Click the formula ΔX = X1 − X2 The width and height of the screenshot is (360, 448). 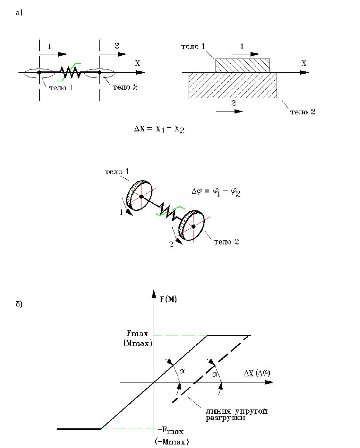point(159,129)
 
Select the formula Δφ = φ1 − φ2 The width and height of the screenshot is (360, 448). point(216,192)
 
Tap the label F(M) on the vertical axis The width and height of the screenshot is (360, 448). point(168,299)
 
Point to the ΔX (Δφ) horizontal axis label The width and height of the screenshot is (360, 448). point(257,373)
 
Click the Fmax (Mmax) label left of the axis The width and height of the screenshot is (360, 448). point(138,338)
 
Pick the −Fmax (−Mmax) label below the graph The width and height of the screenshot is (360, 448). point(171,436)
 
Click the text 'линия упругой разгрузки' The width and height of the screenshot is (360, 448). point(237,414)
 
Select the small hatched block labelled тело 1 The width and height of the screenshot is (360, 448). point(242,65)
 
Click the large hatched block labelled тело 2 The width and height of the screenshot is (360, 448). point(233,85)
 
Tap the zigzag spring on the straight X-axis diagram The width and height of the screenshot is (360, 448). point(70,72)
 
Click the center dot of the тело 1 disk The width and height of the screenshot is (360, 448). point(141,197)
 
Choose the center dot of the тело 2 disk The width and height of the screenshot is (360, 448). point(193,226)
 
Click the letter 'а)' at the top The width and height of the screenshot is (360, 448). point(19,12)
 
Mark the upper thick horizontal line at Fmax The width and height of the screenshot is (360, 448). point(229,335)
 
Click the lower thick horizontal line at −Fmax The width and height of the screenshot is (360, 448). point(78,429)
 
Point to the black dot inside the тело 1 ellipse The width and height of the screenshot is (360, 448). point(39,72)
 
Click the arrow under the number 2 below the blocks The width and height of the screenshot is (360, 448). point(230,111)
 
